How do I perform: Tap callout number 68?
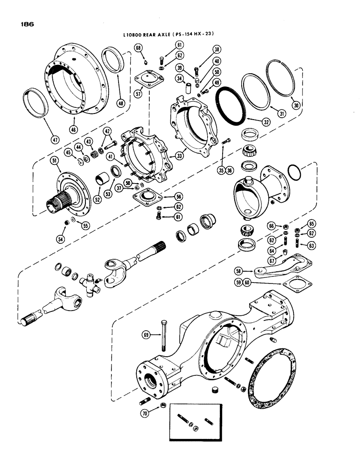point(139,47)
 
